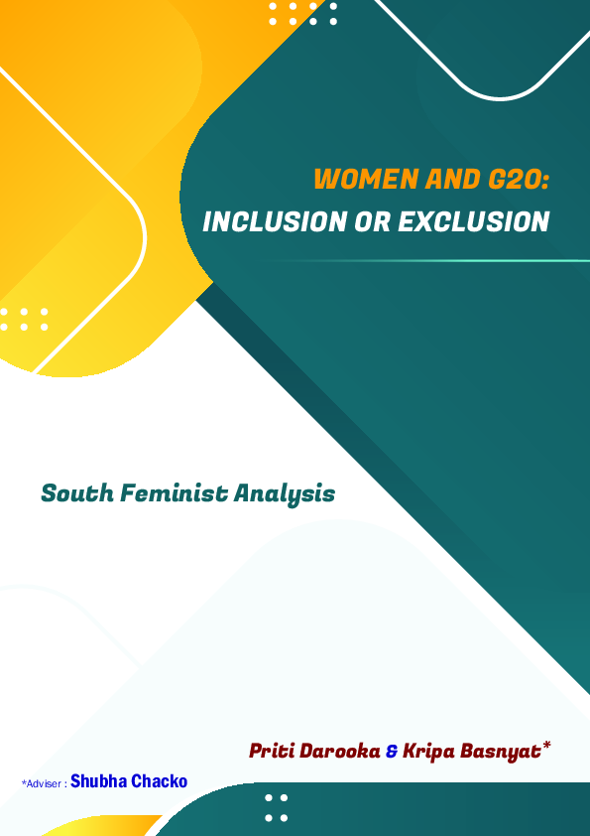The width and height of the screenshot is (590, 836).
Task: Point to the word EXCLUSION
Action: pos(474,221)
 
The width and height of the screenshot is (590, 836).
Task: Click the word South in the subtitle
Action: pos(76,492)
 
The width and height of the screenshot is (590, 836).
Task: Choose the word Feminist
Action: pos(173,492)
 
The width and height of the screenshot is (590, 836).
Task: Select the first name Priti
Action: pos(272,751)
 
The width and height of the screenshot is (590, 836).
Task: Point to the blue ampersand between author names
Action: pos(391,752)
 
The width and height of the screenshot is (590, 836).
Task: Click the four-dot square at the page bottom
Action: pos(277,807)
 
